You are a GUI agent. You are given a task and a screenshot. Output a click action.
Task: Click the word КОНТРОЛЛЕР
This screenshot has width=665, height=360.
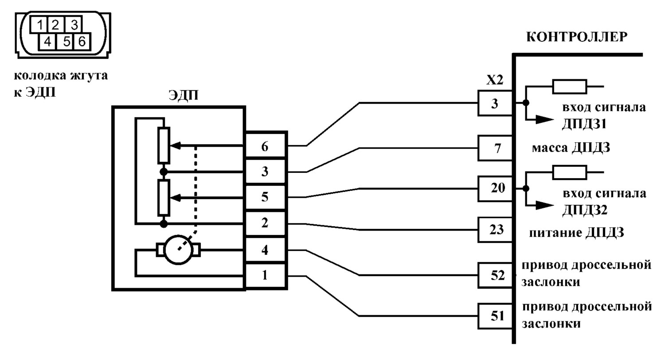point(577,37)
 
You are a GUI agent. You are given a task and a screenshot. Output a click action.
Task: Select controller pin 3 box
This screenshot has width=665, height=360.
point(495,103)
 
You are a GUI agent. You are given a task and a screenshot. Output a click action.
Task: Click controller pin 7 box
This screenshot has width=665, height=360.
point(495,148)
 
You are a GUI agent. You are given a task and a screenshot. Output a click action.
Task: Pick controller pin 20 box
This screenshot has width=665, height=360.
point(495,189)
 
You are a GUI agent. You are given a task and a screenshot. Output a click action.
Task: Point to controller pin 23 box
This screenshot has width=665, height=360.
point(495,230)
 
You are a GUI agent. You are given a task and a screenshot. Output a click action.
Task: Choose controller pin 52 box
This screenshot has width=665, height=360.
point(495,275)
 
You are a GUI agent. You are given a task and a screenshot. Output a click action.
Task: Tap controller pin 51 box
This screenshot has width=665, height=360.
point(495,316)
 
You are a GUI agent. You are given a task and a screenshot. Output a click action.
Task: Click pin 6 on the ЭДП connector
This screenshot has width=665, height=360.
point(265,146)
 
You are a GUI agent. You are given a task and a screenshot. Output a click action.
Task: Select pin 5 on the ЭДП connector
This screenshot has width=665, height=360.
point(265,197)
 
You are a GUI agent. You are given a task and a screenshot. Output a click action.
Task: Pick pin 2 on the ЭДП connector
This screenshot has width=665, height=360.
point(265,223)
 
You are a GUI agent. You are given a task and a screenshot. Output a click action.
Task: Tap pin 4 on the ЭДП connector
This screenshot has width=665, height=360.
point(265,250)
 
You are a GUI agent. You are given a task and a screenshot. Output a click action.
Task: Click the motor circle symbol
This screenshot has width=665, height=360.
point(178,250)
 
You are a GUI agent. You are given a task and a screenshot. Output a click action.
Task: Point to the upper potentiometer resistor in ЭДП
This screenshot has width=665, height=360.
point(164,145)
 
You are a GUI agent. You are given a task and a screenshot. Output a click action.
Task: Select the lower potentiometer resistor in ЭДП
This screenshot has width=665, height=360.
point(164,197)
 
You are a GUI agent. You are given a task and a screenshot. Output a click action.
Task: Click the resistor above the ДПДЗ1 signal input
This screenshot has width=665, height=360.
point(569,86)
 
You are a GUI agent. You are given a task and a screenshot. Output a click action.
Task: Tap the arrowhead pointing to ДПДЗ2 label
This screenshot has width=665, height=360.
point(545,205)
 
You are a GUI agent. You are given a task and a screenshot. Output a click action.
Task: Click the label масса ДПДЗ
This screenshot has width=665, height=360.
point(571,148)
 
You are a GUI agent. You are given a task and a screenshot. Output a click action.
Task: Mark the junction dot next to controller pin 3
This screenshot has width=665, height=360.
point(526,103)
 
